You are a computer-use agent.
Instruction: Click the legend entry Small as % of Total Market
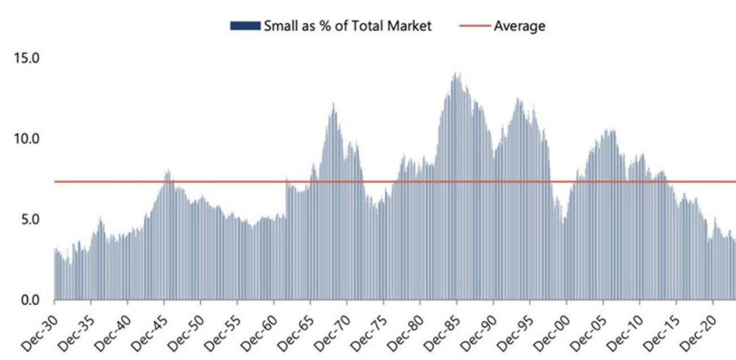coord(346,25)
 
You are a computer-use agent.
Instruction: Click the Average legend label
coord(519,25)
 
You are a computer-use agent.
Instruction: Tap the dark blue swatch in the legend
coord(245,26)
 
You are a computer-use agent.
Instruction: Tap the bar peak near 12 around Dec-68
coord(333,104)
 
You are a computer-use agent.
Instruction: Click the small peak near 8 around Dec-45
coord(168,170)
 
